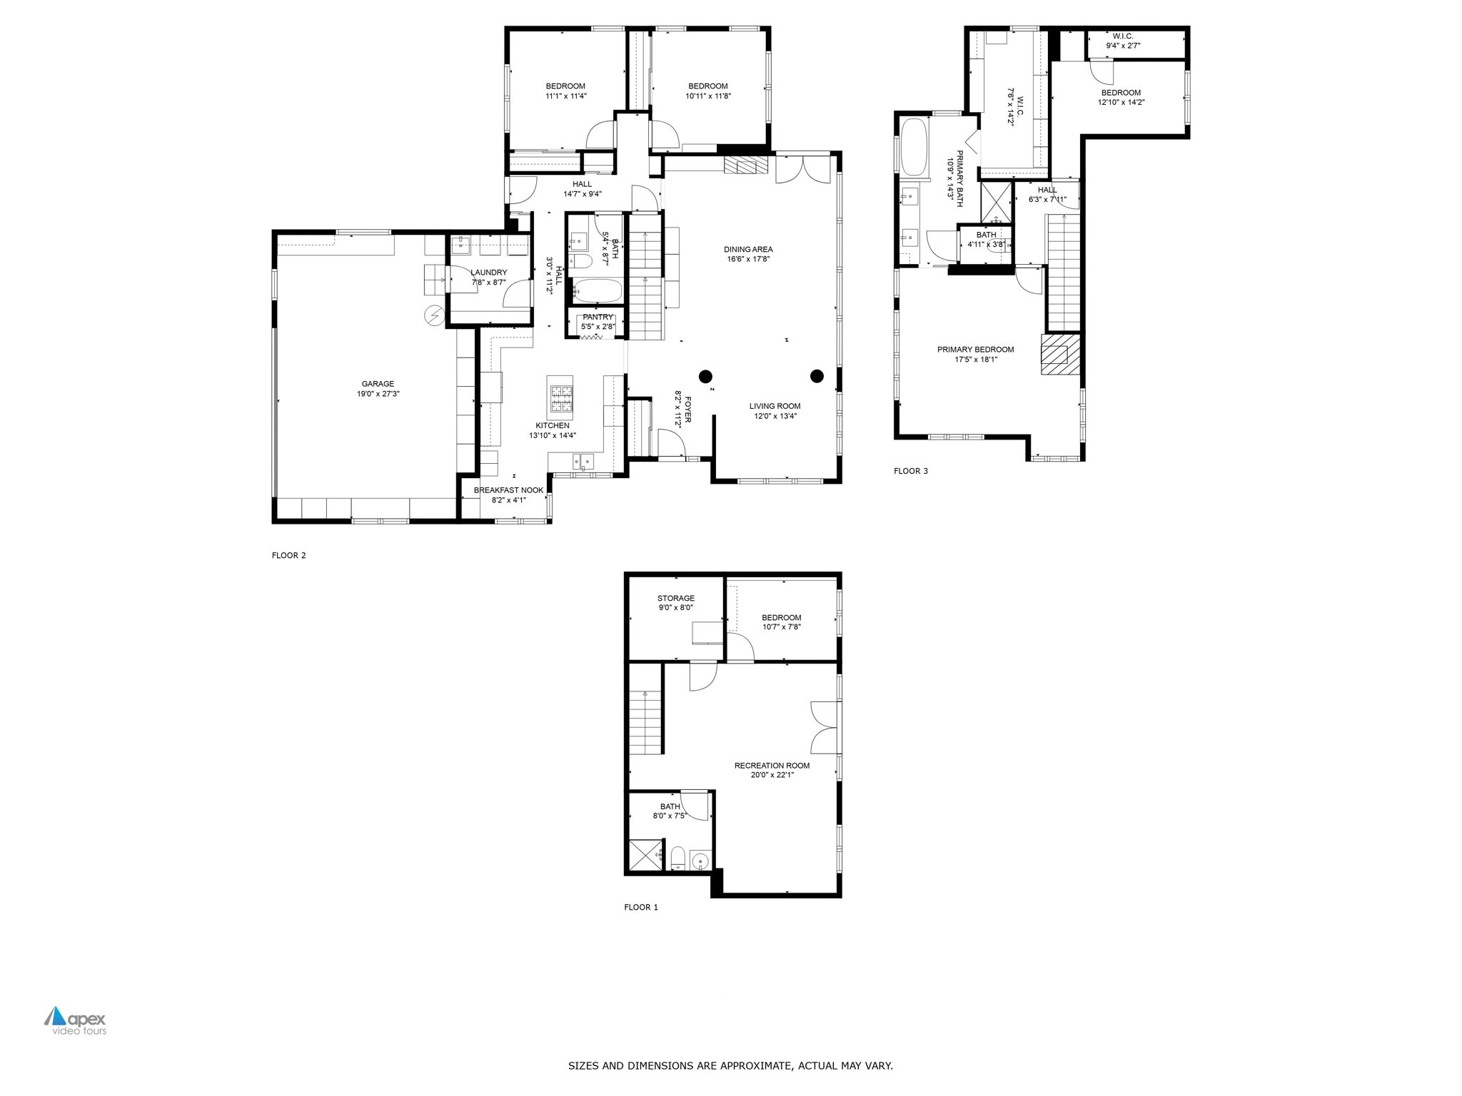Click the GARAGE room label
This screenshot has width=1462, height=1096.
pos(378,384)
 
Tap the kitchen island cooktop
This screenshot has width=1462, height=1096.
pos(560,397)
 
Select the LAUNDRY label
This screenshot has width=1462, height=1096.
pos(489,273)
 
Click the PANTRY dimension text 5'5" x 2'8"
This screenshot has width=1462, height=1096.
pos(598,327)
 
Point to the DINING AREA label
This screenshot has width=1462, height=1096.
pos(748,250)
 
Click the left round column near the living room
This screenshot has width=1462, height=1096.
pos(705,376)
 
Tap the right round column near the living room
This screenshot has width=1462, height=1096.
pos(817,376)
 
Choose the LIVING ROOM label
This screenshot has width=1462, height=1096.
pos(775,407)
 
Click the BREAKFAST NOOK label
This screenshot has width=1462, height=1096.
pos(509,490)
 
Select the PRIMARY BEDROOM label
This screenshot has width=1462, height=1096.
pos(975,350)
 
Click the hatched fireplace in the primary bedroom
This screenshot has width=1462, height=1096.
pos(1060,355)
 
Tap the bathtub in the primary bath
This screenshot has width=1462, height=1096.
pos(914,147)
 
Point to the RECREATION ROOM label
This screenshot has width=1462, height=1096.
pos(772,766)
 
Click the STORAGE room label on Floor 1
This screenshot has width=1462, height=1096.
pos(676,599)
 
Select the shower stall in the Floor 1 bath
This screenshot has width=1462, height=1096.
pos(646,856)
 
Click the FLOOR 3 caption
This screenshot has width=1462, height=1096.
pos(911,471)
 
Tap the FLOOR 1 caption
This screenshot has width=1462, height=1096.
pos(641,908)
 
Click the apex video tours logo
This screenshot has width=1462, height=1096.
pos(75,1021)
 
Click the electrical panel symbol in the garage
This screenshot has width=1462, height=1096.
pos(433,315)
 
